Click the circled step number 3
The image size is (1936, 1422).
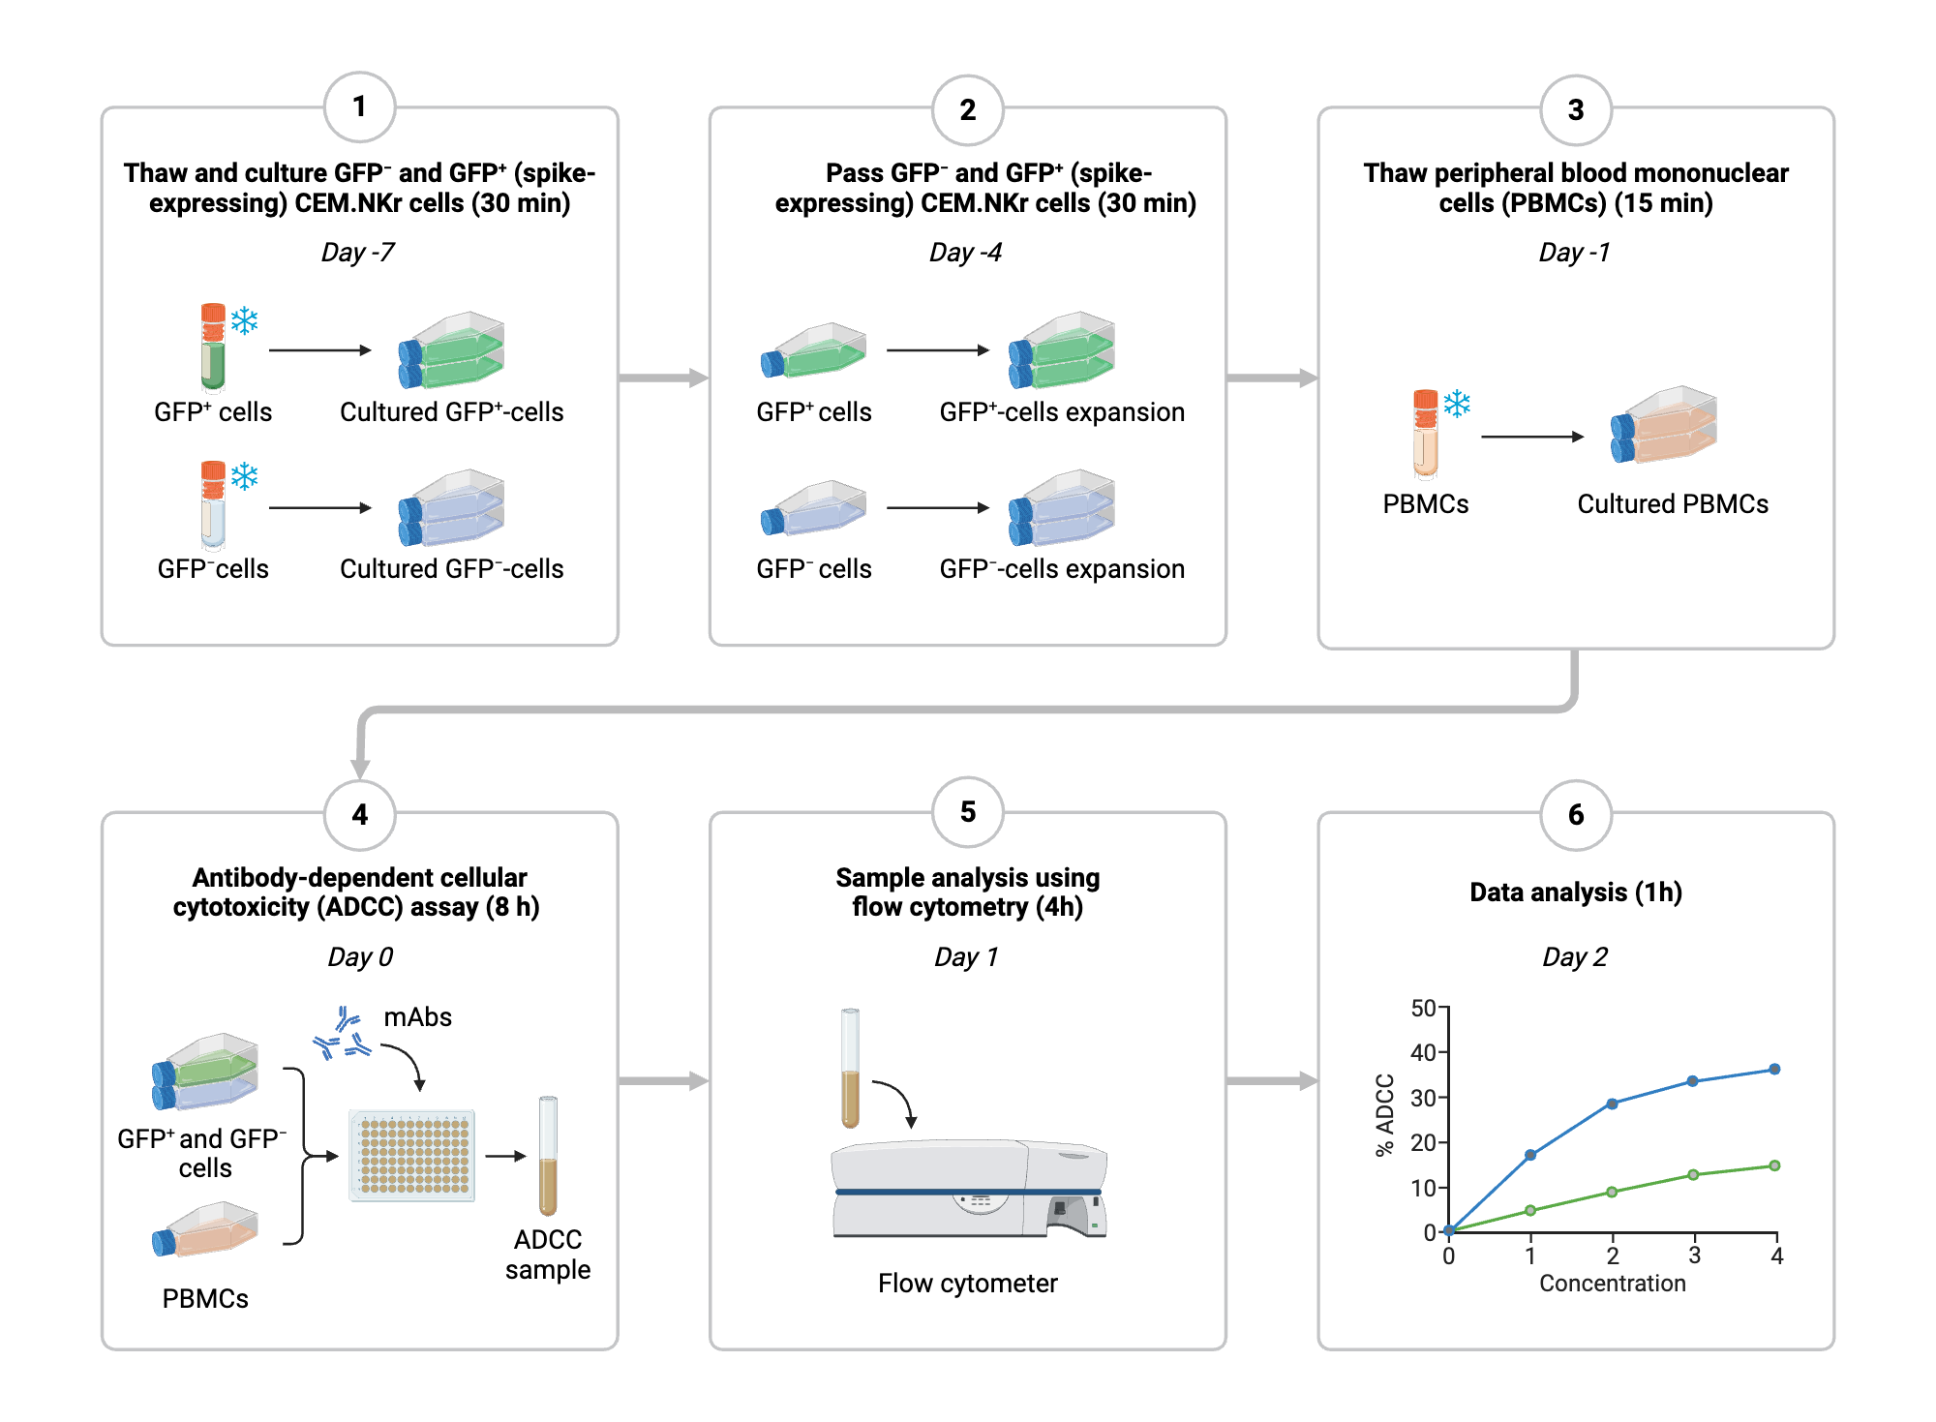(1575, 109)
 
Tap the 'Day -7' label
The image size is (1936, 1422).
(358, 253)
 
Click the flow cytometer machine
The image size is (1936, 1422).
(968, 1190)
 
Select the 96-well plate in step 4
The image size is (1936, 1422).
(412, 1156)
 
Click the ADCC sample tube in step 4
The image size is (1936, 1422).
(548, 1156)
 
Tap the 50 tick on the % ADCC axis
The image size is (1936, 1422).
(1423, 1009)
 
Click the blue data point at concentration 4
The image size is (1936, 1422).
(1774, 1070)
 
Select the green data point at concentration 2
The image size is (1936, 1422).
(1612, 1192)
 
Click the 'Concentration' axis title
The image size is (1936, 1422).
(1612, 1284)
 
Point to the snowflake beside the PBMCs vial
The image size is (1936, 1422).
(1457, 404)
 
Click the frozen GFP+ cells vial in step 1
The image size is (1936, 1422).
(213, 347)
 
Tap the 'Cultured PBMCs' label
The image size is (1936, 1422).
(1672, 504)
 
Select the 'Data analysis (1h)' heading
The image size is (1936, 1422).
(1575, 892)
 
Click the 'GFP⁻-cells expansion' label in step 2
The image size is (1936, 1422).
(1062, 569)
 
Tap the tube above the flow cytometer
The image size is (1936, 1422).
(850, 1069)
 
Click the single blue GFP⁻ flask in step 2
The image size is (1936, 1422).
(815, 509)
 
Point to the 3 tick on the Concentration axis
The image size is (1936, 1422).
(1694, 1256)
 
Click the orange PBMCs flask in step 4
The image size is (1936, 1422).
(206, 1230)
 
